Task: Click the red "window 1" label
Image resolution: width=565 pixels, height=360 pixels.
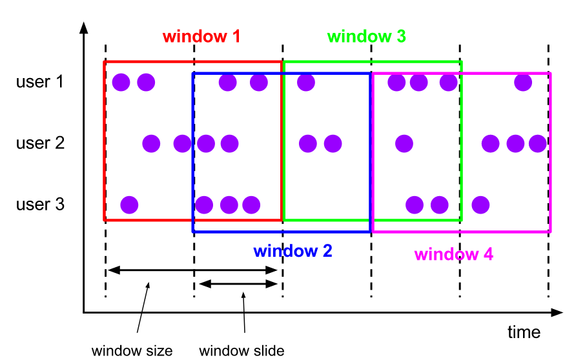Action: (201, 36)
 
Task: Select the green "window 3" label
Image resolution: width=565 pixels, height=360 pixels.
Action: (366, 36)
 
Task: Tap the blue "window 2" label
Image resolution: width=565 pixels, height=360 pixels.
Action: (293, 251)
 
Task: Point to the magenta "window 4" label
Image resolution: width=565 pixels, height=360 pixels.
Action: (453, 254)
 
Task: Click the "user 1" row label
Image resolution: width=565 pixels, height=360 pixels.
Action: (41, 82)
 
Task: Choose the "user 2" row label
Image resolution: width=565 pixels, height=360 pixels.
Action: (41, 143)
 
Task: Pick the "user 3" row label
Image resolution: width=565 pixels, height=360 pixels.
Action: (41, 205)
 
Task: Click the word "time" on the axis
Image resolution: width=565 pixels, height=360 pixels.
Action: (524, 332)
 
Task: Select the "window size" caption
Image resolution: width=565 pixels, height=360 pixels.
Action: (132, 351)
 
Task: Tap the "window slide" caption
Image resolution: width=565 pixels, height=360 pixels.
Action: (241, 351)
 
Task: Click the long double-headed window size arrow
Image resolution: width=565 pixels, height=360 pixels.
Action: (192, 271)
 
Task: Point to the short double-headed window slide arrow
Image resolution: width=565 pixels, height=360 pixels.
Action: (238, 284)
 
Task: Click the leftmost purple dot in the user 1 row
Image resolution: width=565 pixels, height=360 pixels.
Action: (121, 82)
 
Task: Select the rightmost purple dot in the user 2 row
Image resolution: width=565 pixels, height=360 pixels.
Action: (537, 143)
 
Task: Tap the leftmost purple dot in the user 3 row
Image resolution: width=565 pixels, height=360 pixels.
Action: (129, 205)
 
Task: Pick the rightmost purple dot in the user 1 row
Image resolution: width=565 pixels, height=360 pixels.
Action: (523, 82)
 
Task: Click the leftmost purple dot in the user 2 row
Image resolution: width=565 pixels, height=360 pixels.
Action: (151, 143)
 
